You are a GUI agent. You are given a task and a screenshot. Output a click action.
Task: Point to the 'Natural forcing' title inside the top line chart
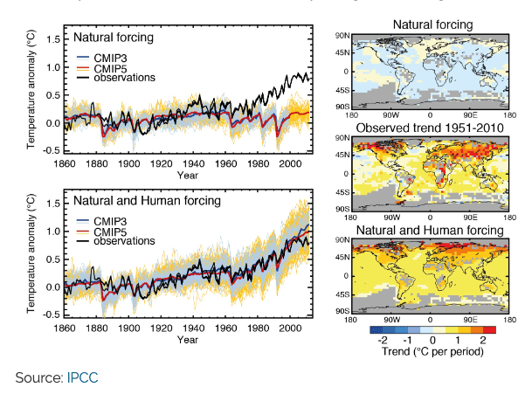click(x=114, y=38)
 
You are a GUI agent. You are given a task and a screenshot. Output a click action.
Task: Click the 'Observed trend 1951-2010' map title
click(x=429, y=128)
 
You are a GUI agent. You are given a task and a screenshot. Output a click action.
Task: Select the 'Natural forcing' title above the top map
click(x=429, y=24)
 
